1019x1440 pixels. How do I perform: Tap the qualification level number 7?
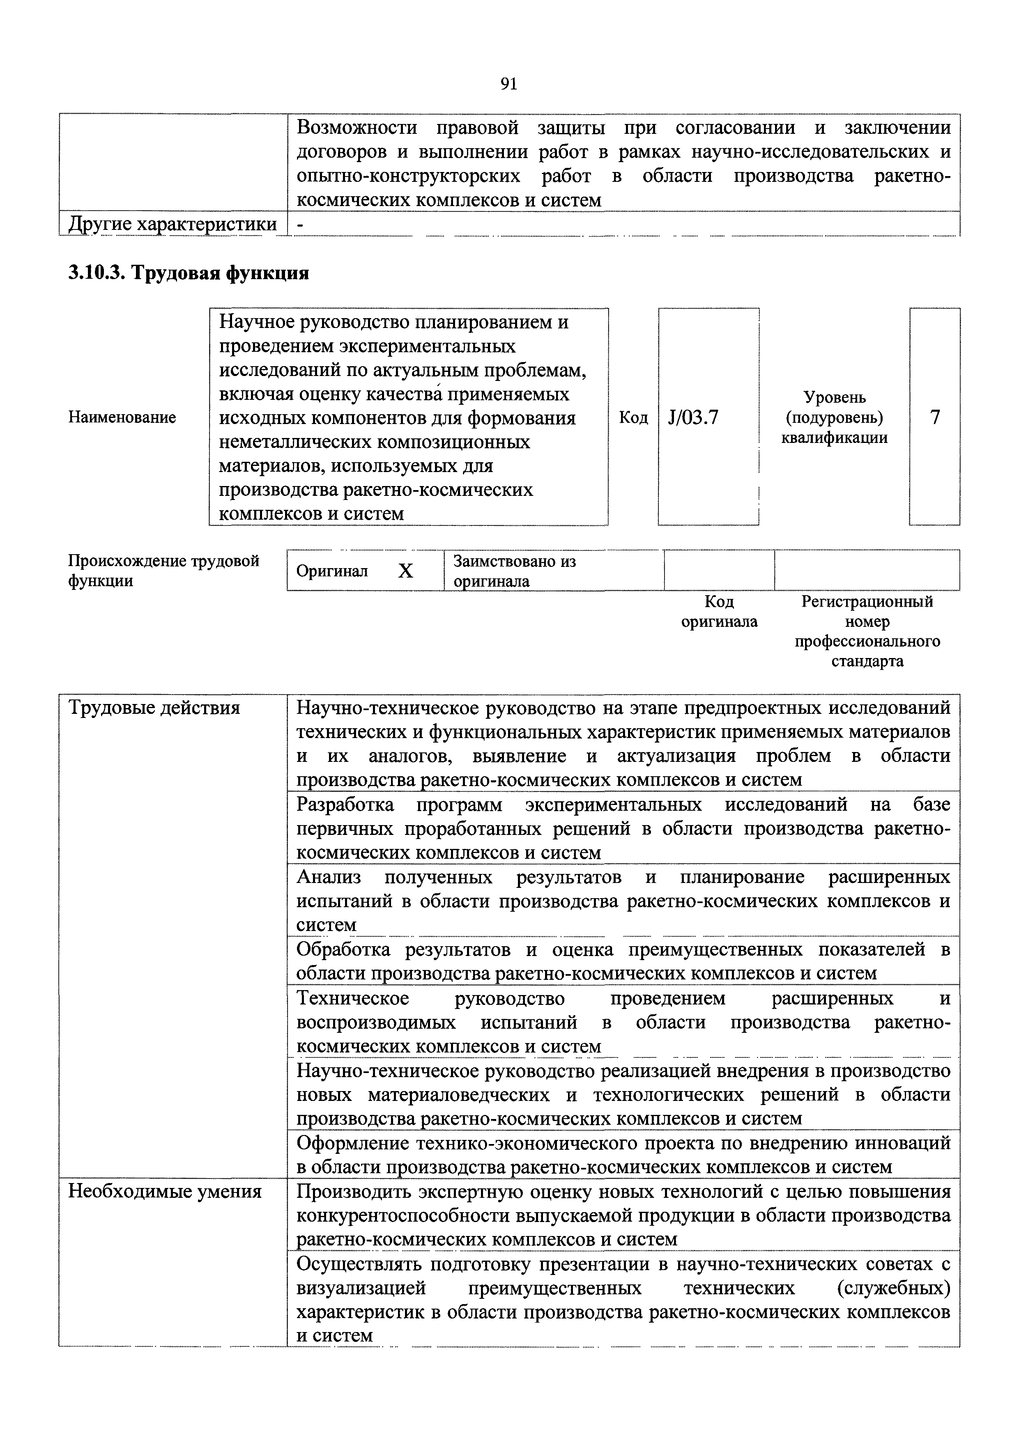935,417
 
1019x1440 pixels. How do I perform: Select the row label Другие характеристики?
173,224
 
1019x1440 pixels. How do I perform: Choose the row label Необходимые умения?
164,1192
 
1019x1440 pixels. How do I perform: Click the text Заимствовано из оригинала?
515,571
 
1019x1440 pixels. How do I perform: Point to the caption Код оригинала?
719,612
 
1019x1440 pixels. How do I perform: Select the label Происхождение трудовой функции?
163,570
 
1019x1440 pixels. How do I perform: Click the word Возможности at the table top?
357,128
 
